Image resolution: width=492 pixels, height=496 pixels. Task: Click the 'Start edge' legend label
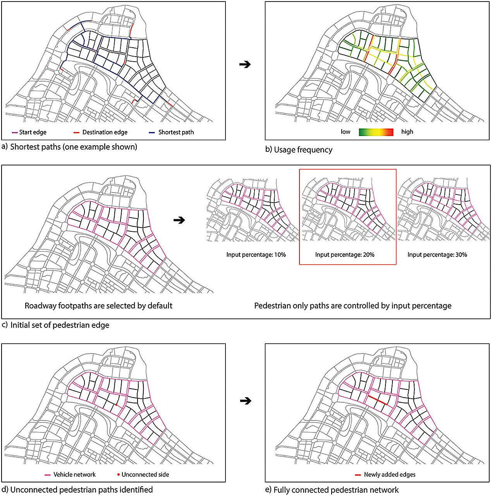[x=33, y=133]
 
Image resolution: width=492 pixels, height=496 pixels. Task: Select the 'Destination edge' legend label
[x=105, y=133]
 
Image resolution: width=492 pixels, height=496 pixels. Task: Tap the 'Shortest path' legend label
[x=176, y=133]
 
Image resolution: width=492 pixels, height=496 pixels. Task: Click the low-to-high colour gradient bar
[x=376, y=132]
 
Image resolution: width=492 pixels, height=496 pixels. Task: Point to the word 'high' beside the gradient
[x=407, y=132]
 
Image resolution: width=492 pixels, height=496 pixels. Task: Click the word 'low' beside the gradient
[x=346, y=132]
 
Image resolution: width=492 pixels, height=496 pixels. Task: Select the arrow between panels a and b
[x=245, y=64]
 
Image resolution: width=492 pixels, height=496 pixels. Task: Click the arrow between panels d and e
[x=246, y=401]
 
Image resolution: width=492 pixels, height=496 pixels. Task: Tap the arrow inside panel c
[x=179, y=220]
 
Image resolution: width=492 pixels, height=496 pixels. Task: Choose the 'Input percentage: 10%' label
[x=256, y=255]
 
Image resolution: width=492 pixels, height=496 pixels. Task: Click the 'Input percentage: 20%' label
[x=345, y=255]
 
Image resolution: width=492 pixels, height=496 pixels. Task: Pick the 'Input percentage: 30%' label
[x=437, y=255]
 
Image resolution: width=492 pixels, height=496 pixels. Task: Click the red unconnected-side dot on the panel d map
[x=116, y=405]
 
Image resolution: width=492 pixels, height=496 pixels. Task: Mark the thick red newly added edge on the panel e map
[x=377, y=400]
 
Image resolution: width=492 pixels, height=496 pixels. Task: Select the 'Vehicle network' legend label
[x=74, y=475]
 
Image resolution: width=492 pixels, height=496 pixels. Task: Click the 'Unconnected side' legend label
[x=145, y=475]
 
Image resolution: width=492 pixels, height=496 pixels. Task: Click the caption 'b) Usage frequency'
[x=299, y=150]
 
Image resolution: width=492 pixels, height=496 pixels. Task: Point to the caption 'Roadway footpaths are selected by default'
[x=98, y=306]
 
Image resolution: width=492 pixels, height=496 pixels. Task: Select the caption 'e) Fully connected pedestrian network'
[x=332, y=490]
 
